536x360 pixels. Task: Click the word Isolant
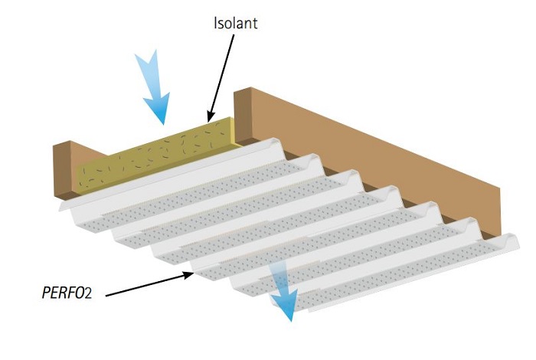tap(235, 23)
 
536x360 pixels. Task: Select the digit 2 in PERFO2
tap(96, 292)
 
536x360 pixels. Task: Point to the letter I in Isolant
tap(216, 23)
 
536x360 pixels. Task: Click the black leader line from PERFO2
tap(145, 283)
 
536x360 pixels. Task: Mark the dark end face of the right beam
tap(243, 115)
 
